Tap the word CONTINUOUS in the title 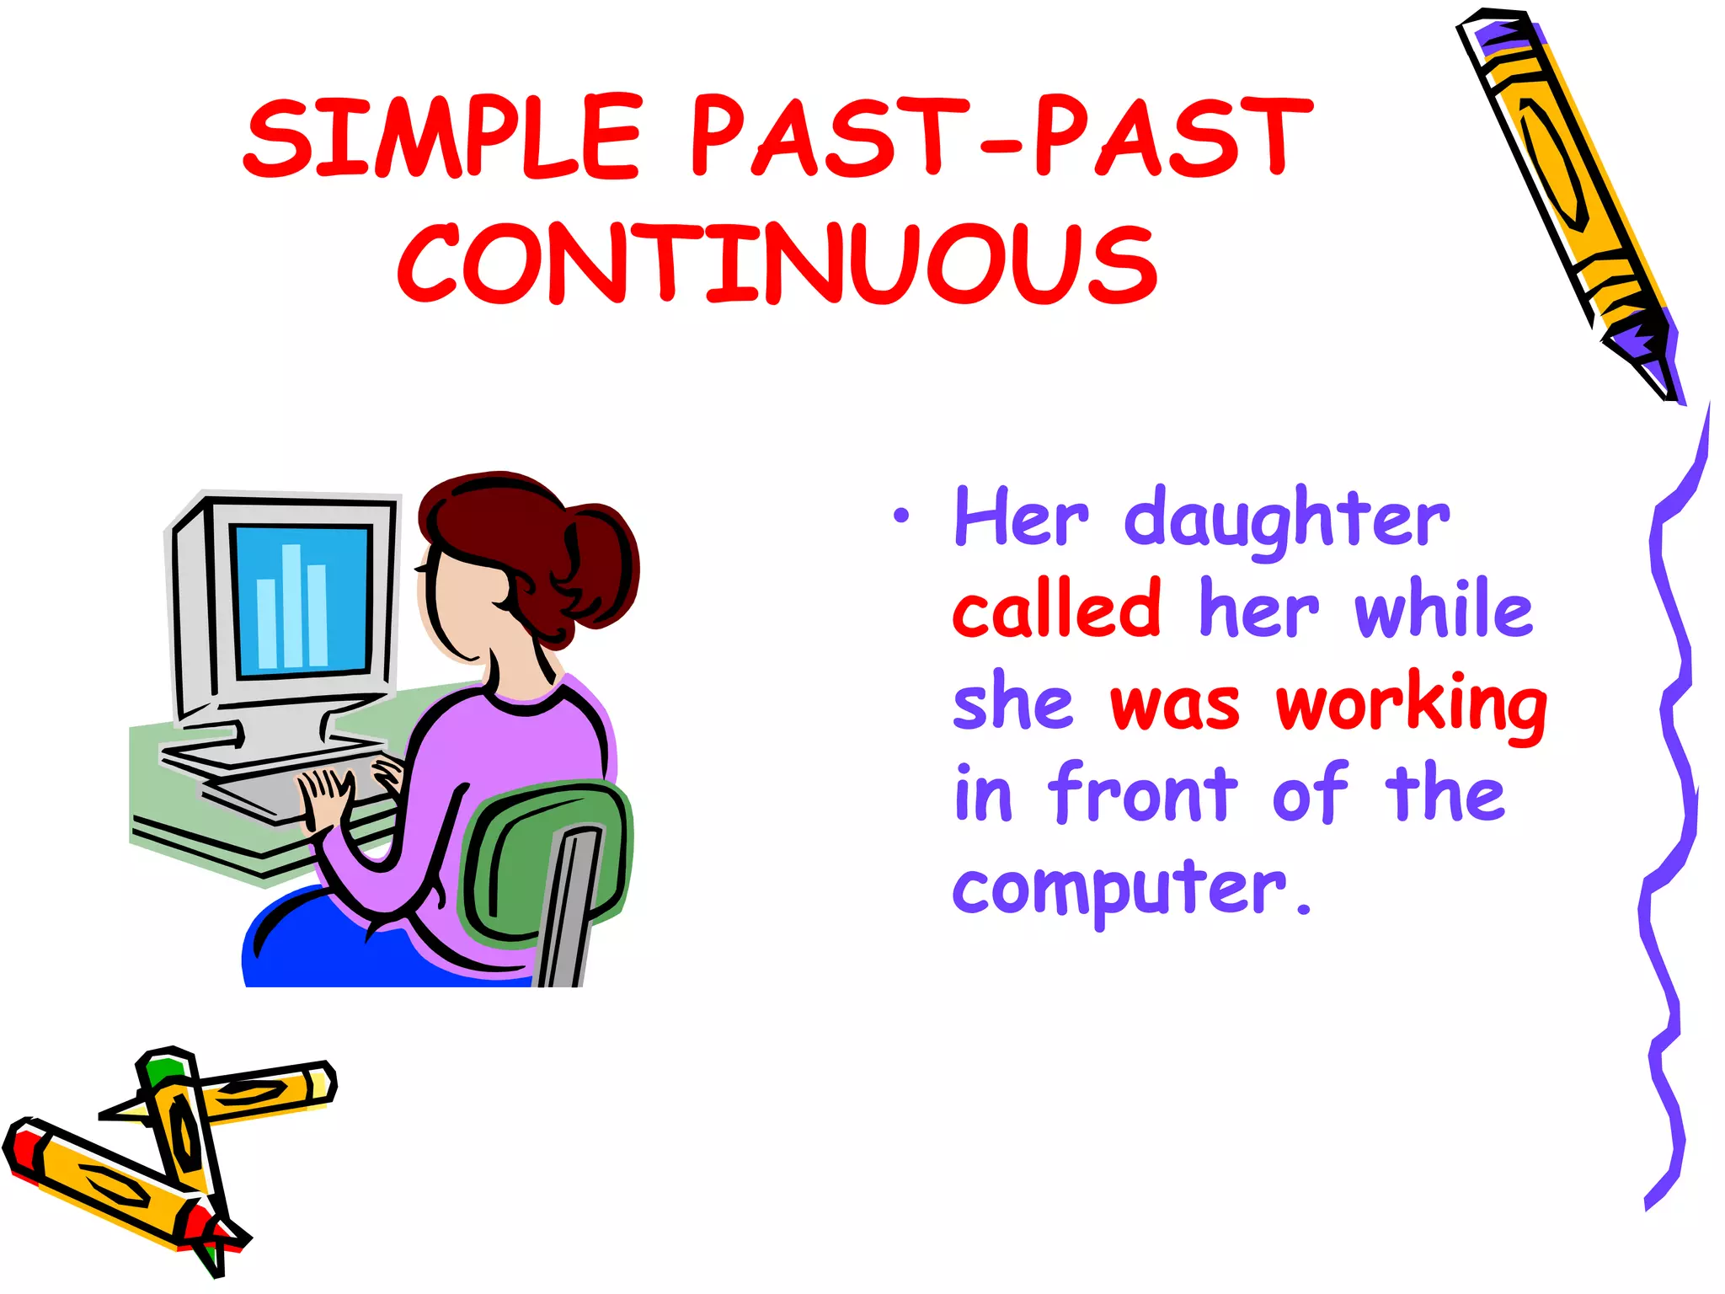[x=777, y=265]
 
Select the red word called [x=1058, y=609]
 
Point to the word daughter [x=1286, y=519]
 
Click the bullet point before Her [x=901, y=515]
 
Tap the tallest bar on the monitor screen [x=291, y=605]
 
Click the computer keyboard [x=278, y=788]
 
